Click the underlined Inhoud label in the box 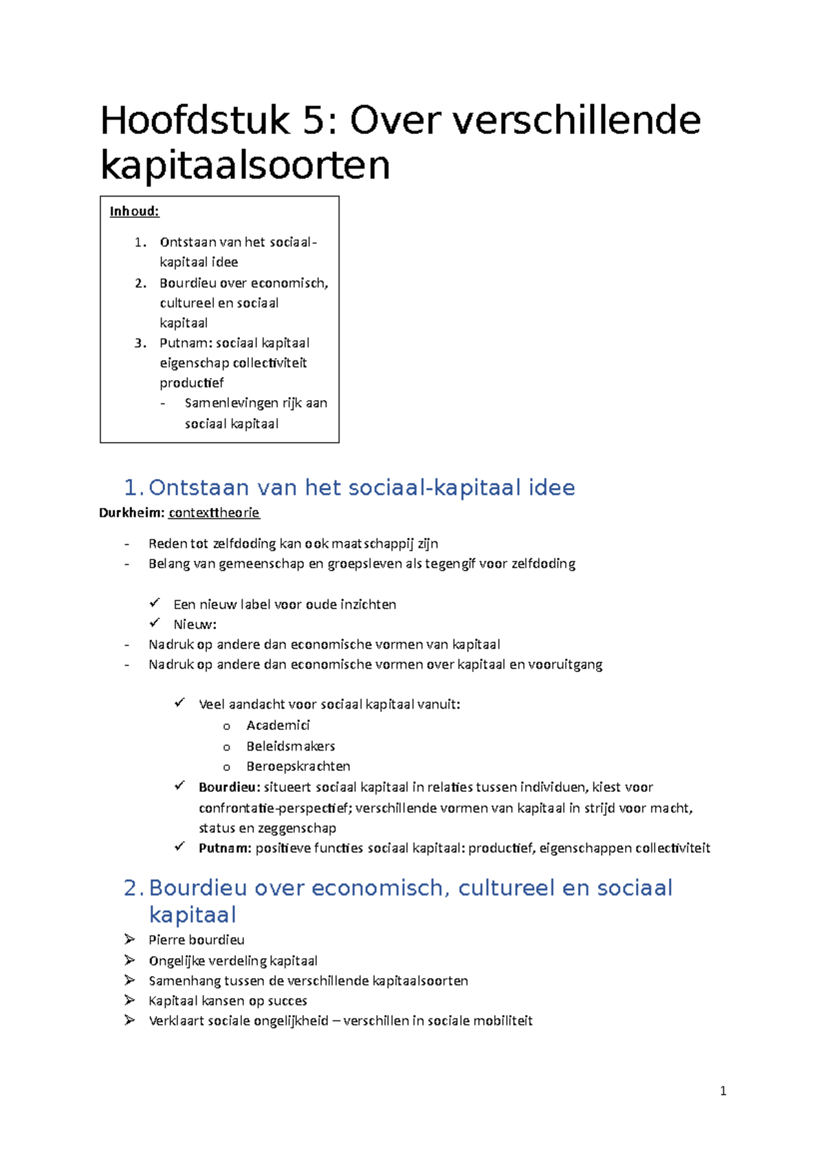click(x=134, y=212)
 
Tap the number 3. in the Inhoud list click(x=140, y=343)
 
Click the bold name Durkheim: click(x=131, y=513)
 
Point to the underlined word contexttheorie click(x=214, y=513)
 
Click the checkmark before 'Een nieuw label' click(x=155, y=603)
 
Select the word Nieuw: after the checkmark click(x=195, y=625)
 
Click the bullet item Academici click(x=278, y=725)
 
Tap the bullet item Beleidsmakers click(x=290, y=746)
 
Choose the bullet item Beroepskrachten click(x=298, y=766)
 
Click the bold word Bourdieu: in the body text click(x=229, y=787)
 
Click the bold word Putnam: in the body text click(x=225, y=848)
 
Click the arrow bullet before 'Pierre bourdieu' click(x=129, y=939)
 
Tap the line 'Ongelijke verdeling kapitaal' click(x=232, y=961)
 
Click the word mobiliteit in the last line click(x=500, y=1021)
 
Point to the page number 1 click(x=723, y=1091)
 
